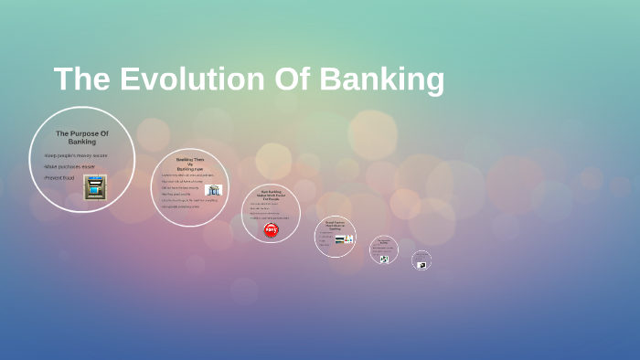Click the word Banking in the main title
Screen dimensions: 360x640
381,79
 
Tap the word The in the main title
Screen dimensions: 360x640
80,79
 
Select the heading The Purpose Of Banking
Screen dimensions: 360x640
81,137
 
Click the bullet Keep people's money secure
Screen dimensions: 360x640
75,155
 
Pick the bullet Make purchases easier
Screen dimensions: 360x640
69,166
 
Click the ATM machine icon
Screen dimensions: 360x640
95,186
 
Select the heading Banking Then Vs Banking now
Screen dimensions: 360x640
190,164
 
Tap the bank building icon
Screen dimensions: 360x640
213,190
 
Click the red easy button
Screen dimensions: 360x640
271,229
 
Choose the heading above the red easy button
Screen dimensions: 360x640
271,195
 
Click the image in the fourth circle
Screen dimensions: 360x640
343,239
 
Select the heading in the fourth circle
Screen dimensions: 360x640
335,224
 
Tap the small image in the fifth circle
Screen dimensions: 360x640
384,259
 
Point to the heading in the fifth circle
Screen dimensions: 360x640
384,242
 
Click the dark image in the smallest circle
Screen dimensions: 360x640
421,265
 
